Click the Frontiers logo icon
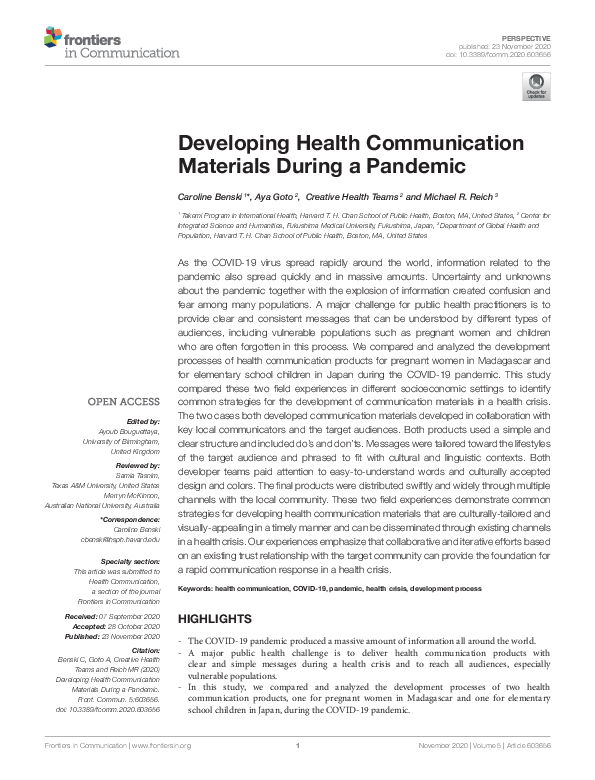[x=52, y=40]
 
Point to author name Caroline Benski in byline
[x=212, y=198]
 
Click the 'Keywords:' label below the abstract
[x=196, y=590]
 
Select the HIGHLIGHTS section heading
[x=215, y=620]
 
